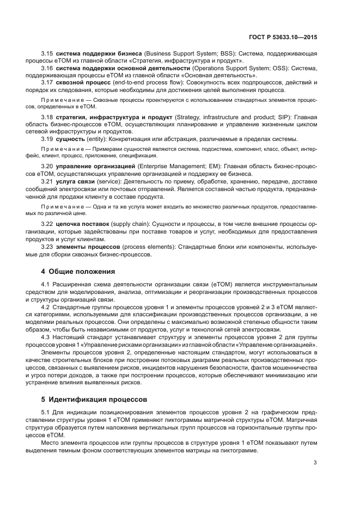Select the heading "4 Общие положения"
click(x=78, y=271)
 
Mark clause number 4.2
click(x=47, y=308)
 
